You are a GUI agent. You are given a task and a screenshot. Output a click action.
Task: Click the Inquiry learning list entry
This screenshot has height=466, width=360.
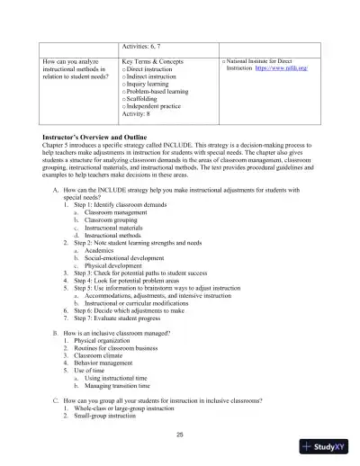coord(148,83)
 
